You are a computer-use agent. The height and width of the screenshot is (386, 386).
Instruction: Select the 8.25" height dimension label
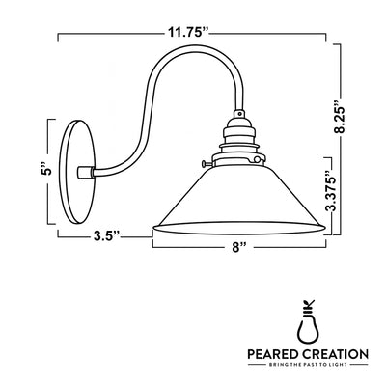358,121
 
